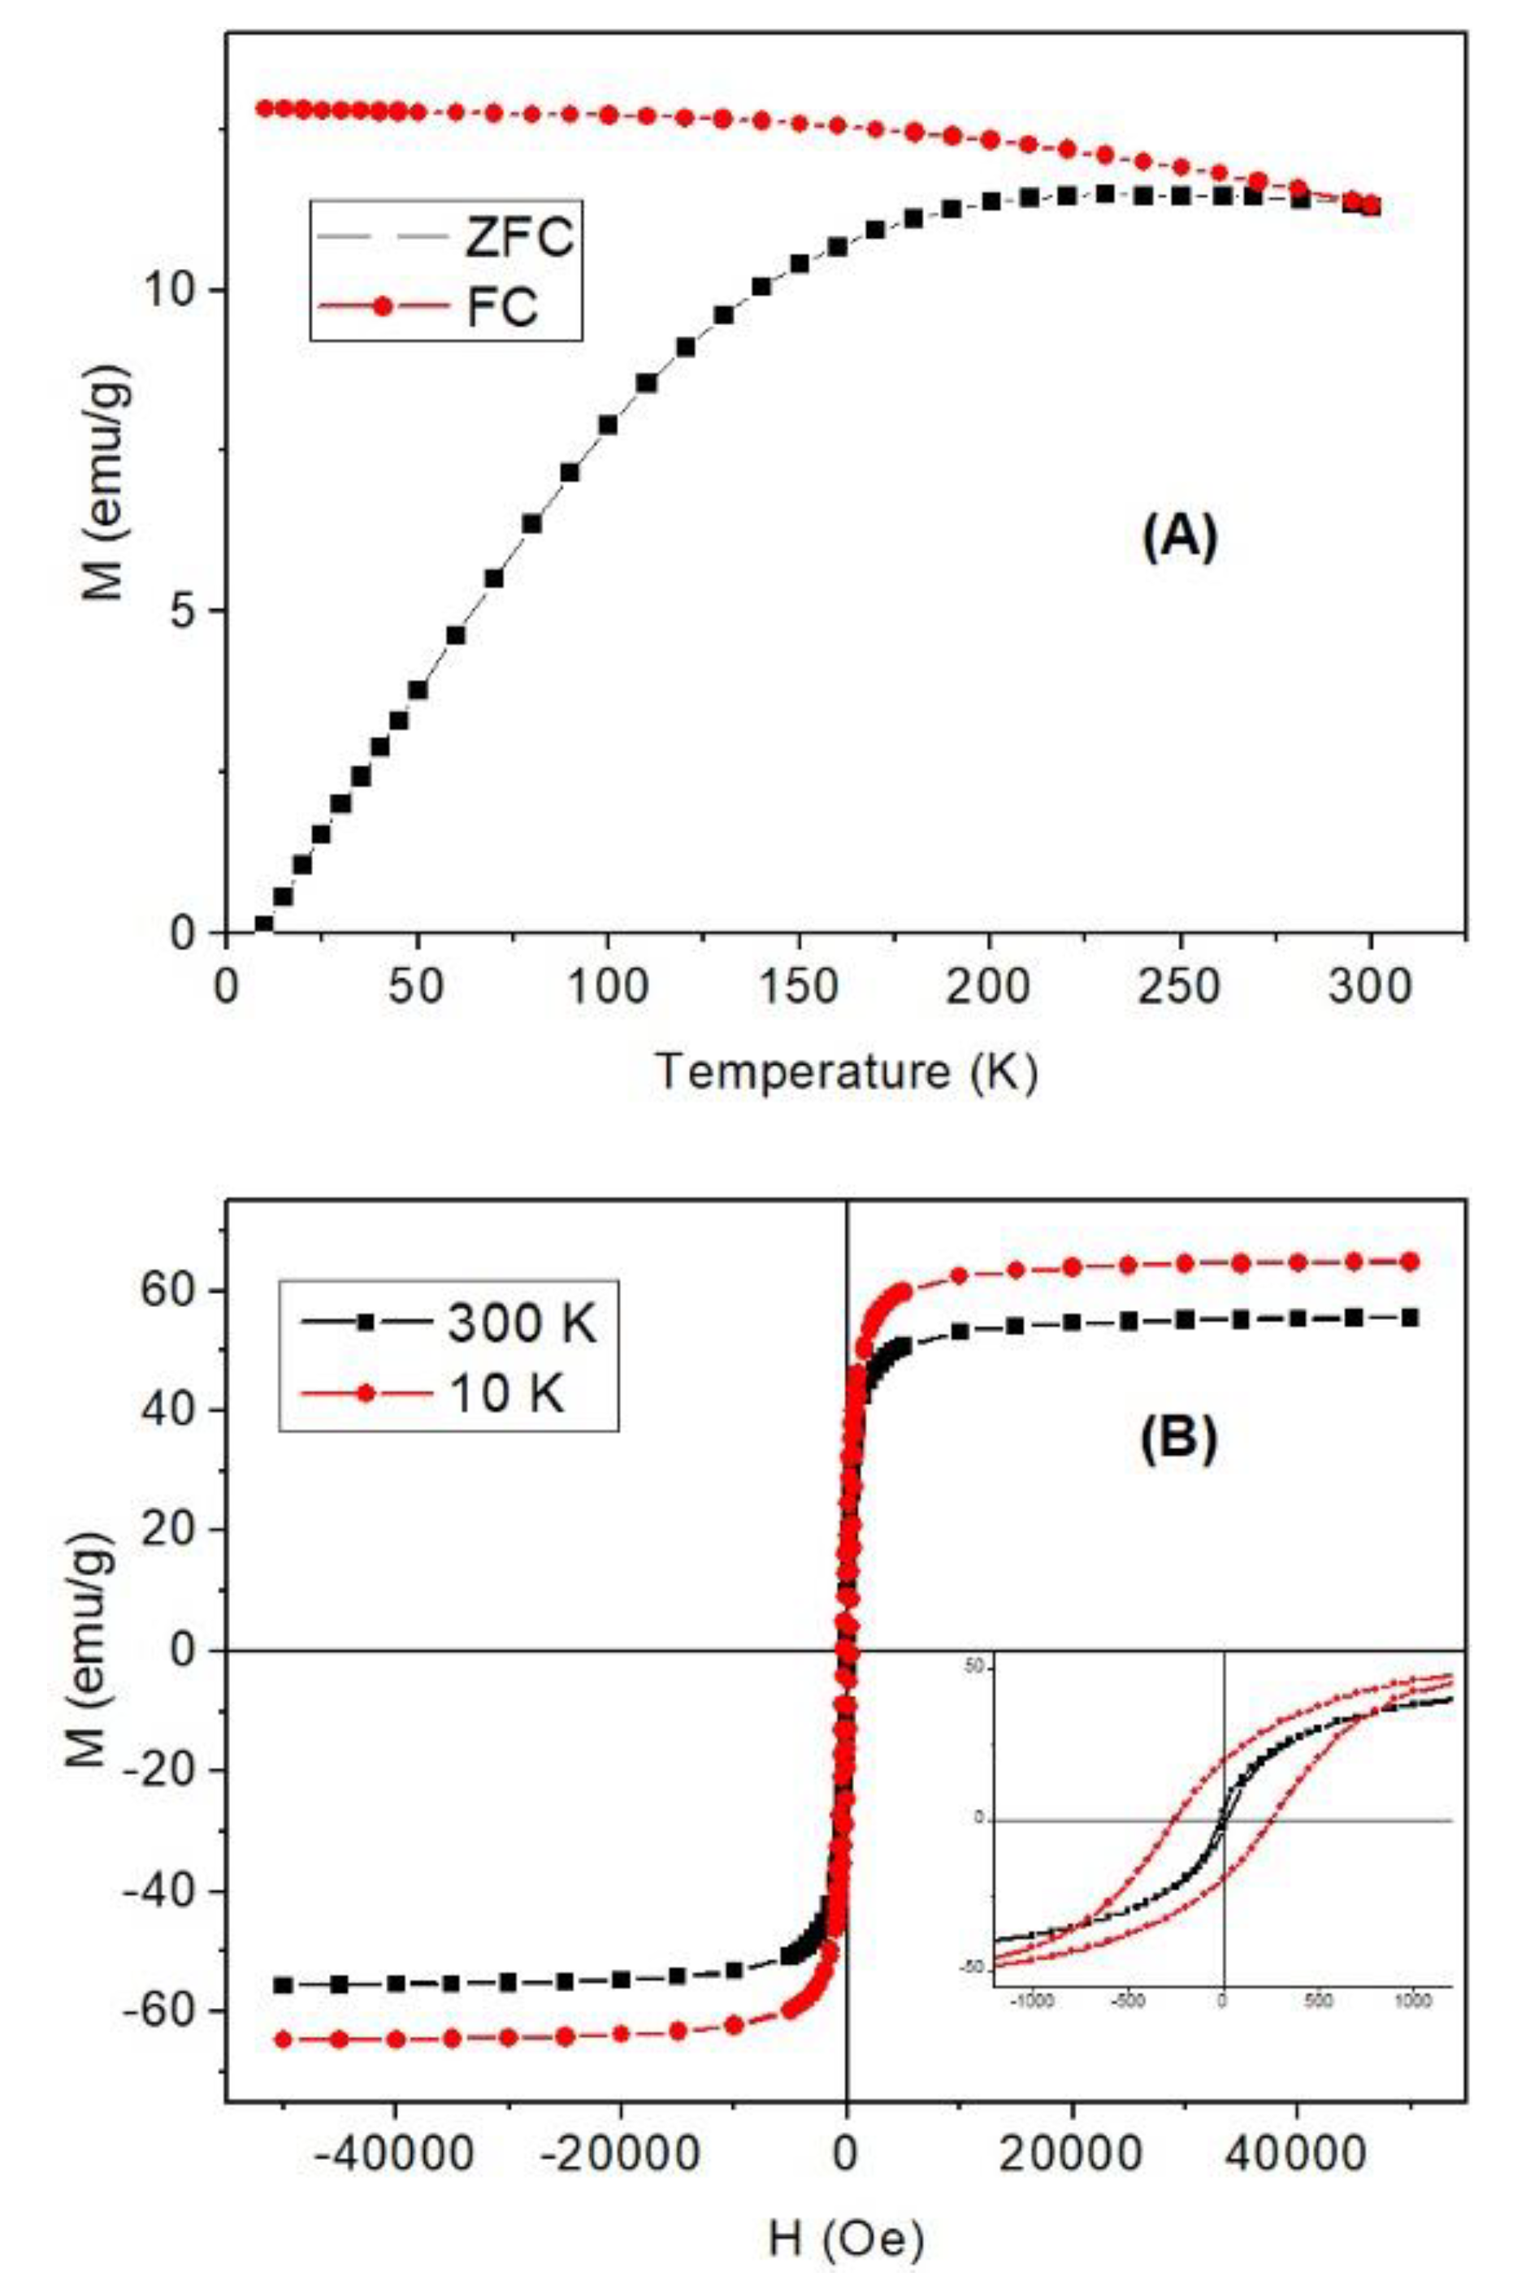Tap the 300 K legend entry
449,1324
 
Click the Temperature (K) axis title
846,1071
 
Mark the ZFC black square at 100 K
608,424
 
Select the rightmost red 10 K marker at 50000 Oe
1410,1261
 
